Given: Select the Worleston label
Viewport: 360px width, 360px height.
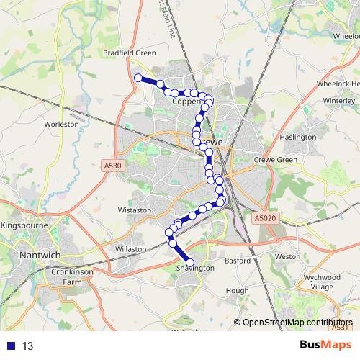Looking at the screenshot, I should point(61,124).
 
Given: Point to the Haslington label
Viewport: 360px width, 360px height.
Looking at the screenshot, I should point(297,137).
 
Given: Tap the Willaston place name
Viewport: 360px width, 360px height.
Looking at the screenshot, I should point(130,248).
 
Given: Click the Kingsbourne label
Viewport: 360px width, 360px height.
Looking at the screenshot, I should point(26,225).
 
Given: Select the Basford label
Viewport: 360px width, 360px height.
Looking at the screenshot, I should point(237,260).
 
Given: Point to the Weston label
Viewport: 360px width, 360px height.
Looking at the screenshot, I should point(287,256).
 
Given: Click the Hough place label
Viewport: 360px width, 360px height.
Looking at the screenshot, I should point(237,290).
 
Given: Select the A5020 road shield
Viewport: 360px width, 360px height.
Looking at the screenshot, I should point(264,217).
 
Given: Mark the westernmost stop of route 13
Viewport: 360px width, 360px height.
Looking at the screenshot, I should point(138,78).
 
